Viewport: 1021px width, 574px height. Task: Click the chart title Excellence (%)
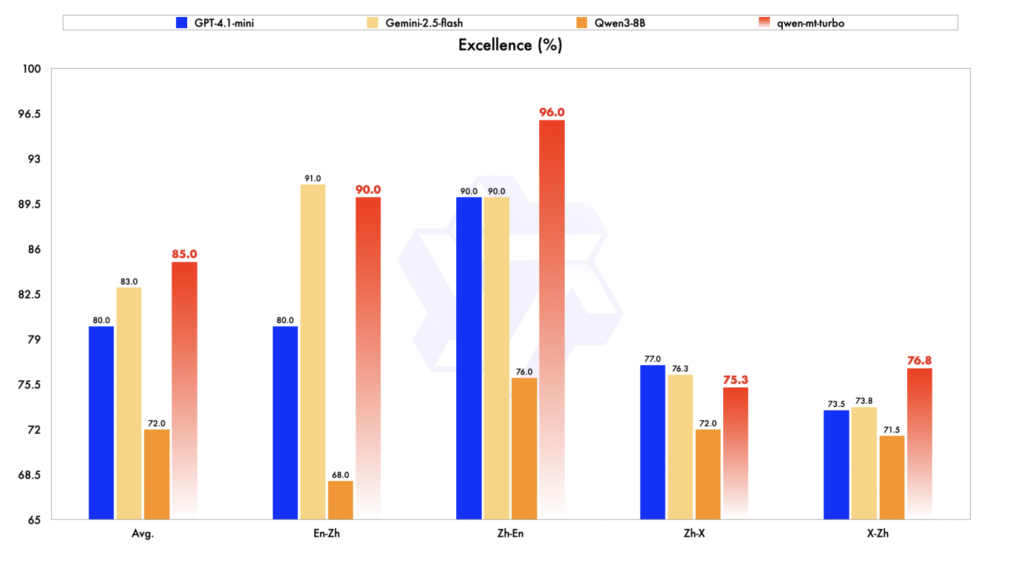[510, 45]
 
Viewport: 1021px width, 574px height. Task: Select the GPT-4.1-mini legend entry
[215, 23]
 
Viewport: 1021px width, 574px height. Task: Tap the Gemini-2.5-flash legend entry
[416, 23]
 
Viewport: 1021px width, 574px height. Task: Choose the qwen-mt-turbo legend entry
[802, 23]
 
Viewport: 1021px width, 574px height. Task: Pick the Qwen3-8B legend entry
[611, 23]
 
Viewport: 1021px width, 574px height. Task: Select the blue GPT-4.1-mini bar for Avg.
[101, 422]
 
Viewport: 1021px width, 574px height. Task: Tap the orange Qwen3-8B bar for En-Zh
[340, 500]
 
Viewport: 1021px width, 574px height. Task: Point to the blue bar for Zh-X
[653, 442]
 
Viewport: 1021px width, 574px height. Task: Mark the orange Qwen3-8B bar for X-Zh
[892, 477]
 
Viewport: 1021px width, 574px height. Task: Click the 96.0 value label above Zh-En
[552, 113]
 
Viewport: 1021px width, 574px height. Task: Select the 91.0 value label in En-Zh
[313, 179]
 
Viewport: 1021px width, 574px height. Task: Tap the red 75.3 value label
[736, 380]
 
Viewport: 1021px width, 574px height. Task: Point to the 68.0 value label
[340, 475]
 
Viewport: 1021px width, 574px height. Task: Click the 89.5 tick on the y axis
[29, 204]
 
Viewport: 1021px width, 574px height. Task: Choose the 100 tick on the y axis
[31, 69]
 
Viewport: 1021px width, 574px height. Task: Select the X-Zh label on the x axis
[878, 533]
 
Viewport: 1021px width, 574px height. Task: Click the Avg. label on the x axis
[143, 533]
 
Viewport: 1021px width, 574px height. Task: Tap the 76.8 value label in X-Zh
[920, 361]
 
